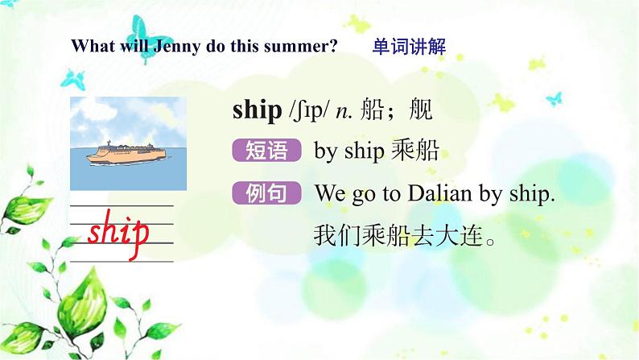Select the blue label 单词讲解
(409, 46)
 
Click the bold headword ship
(257, 110)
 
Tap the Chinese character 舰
(421, 110)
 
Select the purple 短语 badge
(266, 151)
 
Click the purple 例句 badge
(266, 193)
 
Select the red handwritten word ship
(118, 232)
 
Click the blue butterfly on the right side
(554, 98)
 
